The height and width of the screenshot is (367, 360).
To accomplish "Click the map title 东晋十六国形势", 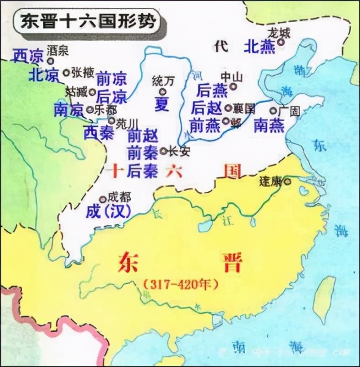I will (85, 23).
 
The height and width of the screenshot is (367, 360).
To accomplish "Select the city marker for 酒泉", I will (51, 61).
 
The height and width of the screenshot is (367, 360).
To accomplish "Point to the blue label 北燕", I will (259, 46).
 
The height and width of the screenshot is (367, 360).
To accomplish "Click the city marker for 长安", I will (163, 150).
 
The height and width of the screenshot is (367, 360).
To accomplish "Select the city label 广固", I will (288, 111).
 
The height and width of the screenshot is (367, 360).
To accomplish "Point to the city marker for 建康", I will (287, 182).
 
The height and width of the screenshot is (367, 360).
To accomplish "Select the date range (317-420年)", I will (180, 285).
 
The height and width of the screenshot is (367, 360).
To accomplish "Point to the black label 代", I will (220, 45).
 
